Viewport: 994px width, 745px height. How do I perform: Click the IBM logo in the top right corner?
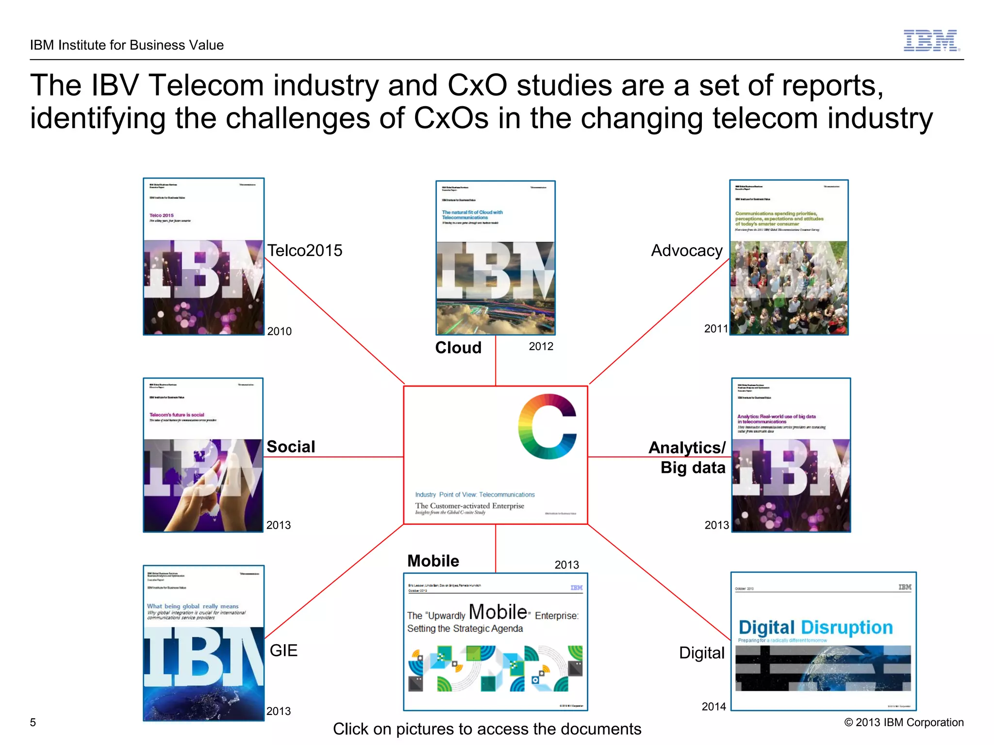point(931,41)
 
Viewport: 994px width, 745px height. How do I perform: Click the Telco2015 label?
point(305,250)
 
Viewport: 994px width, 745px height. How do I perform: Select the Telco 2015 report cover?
point(204,256)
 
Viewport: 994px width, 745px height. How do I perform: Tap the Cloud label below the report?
point(458,348)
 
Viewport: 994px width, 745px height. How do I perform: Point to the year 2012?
point(541,346)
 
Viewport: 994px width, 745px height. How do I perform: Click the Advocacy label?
point(686,250)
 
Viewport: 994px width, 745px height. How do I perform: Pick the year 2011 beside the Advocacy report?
point(716,329)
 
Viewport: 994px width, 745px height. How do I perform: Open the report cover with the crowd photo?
point(789,257)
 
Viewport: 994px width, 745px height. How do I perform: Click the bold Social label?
point(291,446)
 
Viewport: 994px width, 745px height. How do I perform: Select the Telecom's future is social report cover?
point(203,455)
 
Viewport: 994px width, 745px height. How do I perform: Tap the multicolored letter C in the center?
point(547,426)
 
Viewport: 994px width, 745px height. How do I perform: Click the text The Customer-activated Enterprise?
point(469,506)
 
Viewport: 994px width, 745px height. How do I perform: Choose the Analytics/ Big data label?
point(688,457)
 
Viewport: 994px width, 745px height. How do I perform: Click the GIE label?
point(283,650)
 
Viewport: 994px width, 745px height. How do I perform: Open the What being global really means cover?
point(203,643)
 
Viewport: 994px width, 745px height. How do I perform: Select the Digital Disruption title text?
point(815,627)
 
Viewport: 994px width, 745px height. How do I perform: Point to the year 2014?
point(713,707)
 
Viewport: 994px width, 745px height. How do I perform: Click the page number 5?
point(33,722)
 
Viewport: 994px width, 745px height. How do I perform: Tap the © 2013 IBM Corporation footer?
point(904,722)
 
